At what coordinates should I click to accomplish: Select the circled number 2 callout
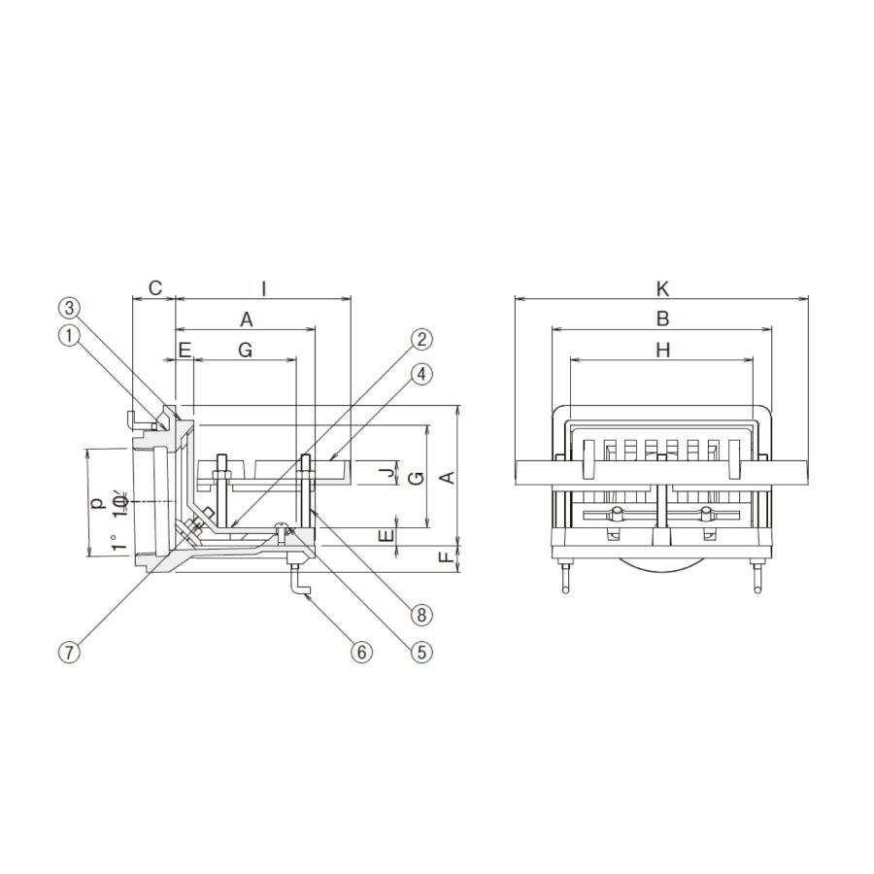tap(421, 339)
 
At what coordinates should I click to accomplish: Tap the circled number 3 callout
tap(69, 307)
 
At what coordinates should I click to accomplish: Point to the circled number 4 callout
tap(421, 374)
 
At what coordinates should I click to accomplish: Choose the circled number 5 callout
tap(421, 651)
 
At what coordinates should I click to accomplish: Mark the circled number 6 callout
tap(361, 651)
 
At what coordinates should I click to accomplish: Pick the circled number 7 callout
tap(69, 651)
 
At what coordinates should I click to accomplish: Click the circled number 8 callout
tap(421, 615)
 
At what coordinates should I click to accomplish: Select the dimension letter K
tap(662, 288)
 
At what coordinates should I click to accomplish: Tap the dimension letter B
tap(662, 319)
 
